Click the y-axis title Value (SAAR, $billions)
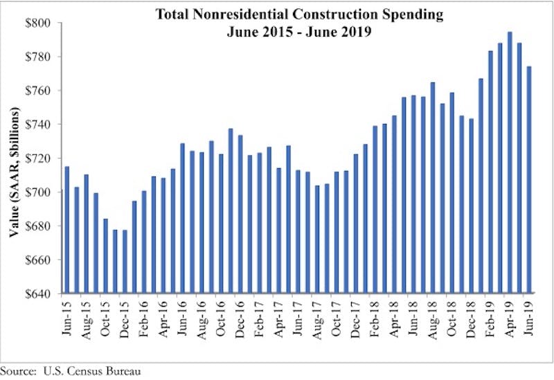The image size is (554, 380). point(15,158)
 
